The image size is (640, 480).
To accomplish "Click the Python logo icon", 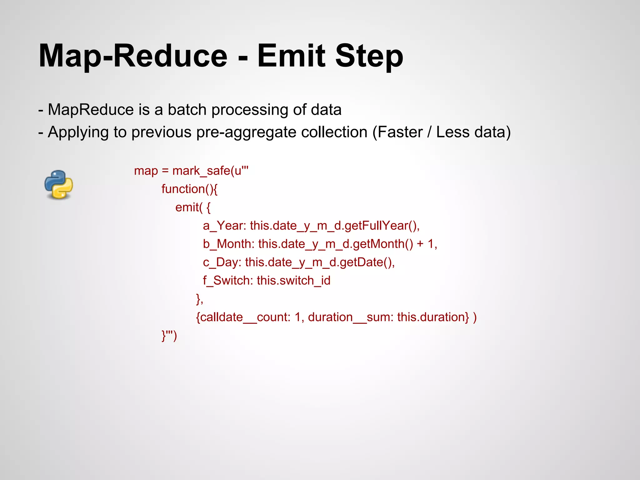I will pyautogui.click(x=59, y=185).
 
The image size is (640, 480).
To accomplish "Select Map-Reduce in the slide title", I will pyautogui.click(x=133, y=57).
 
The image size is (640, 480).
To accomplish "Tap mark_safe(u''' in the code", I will pyautogui.click(x=210, y=171).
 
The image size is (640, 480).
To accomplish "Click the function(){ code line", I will pyautogui.click(x=189, y=189).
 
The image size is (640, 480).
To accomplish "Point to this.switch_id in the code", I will pyautogui.click(x=293, y=281).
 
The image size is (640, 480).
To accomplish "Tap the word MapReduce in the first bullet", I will pyautogui.click(x=91, y=110).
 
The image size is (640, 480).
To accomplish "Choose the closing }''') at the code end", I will pyautogui.click(x=169, y=336).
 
